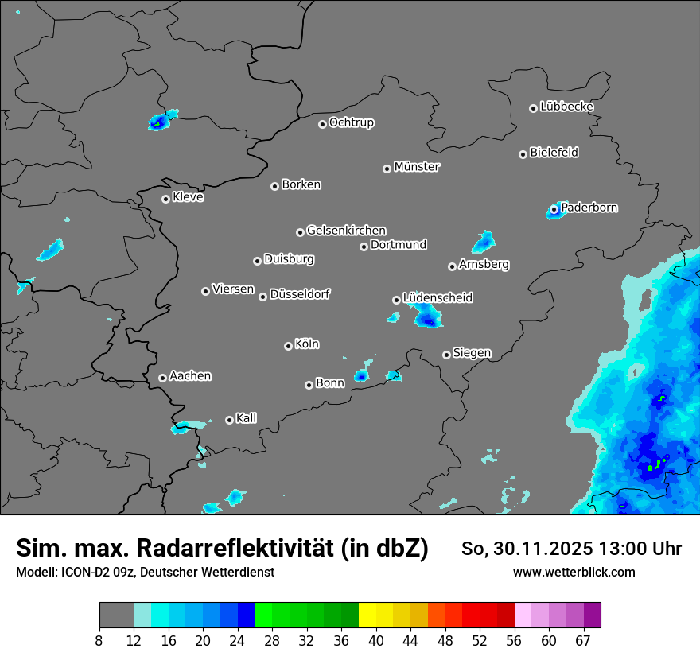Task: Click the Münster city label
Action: (x=417, y=167)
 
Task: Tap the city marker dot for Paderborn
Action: (x=554, y=209)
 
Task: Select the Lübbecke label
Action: (x=566, y=107)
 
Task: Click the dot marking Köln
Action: (x=288, y=346)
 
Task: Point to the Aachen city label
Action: (x=190, y=376)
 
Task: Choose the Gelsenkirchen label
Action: (x=346, y=231)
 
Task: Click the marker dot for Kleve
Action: (x=165, y=199)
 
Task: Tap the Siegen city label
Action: (x=472, y=353)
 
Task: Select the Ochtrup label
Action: (x=352, y=122)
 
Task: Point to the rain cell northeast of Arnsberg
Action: (x=483, y=242)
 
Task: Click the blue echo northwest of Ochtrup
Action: (x=159, y=122)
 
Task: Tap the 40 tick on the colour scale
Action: (x=376, y=640)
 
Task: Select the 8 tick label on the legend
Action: (x=99, y=640)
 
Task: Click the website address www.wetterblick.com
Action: (x=574, y=572)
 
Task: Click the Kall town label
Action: (x=247, y=418)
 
